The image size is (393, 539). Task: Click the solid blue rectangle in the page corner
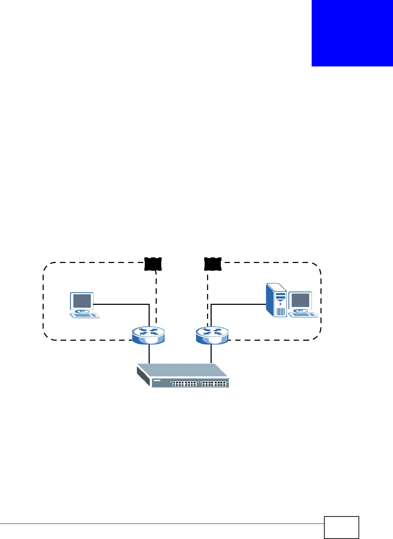tap(352, 33)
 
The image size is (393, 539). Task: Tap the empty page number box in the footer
tap(341, 527)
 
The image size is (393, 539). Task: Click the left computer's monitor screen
tap(82, 301)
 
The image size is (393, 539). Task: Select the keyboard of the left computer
tap(85, 315)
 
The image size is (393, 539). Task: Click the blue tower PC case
tap(276, 301)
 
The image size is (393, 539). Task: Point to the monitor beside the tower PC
tap(300, 301)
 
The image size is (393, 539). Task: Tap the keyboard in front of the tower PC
tap(303, 314)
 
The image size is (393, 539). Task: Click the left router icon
tap(148, 335)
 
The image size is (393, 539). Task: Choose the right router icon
tap(212, 335)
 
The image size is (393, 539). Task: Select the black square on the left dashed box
tap(153, 264)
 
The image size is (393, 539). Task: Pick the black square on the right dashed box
tap(213, 264)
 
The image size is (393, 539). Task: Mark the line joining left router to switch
tap(149, 354)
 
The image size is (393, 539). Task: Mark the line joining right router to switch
tap(211, 354)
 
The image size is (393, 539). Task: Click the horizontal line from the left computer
tap(121, 304)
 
